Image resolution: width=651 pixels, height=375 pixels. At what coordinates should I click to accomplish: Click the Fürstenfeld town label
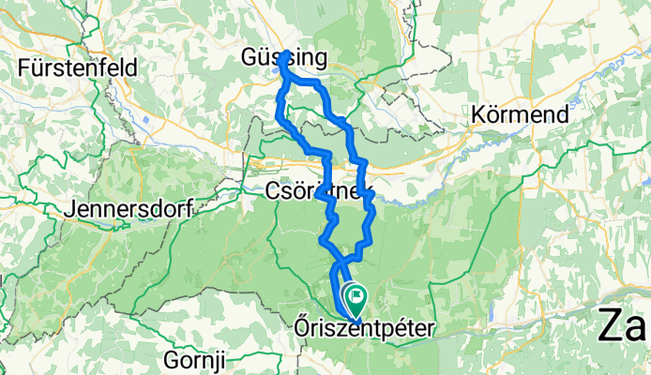click(x=78, y=67)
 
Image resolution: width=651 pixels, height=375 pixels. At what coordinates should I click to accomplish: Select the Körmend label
click(x=522, y=115)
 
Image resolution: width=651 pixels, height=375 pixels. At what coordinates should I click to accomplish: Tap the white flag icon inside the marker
click(x=356, y=296)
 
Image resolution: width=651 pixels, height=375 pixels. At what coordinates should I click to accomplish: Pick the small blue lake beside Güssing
click(x=278, y=67)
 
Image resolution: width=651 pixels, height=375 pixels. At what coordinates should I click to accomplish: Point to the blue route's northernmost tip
click(x=282, y=53)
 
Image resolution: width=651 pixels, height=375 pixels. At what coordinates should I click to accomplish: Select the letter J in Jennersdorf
click(x=70, y=209)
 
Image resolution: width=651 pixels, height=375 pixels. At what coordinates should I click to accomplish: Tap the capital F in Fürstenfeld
click(x=24, y=67)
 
